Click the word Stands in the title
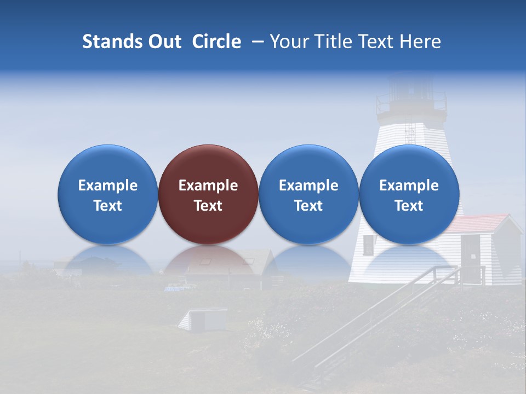click(x=109, y=42)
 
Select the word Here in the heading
click(x=420, y=42)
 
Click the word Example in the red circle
click(x=208, y=186)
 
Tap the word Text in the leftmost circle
click(x=108, y=206)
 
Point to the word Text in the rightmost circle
click(x=409, y=206)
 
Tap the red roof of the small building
click(x=482, y=222)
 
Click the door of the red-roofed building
click(x=470, y=252)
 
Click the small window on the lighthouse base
click(x=368, y=246)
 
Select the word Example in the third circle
click(x=308, y=186)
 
